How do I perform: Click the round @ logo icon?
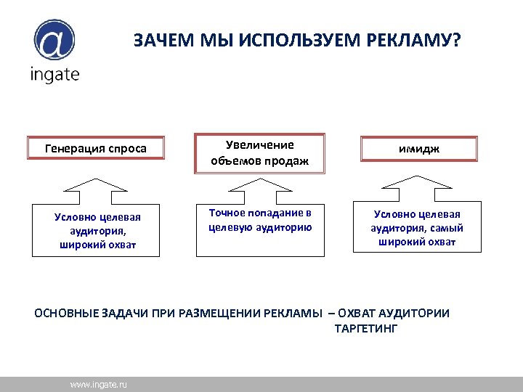(54, 41)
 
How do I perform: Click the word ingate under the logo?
(54, 75)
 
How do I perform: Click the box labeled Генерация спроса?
(96, 149)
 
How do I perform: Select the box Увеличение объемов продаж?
(260, 153)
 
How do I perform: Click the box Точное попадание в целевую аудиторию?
(260, 229)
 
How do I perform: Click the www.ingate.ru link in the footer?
(98, 384)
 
